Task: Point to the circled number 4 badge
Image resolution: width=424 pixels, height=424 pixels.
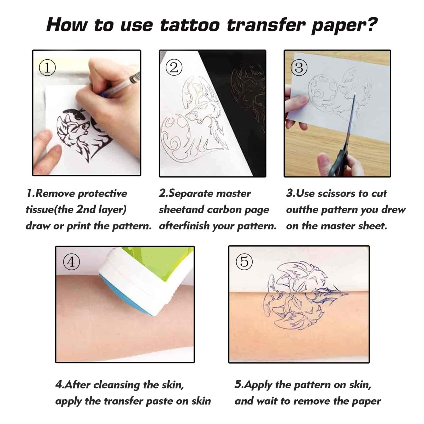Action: pyautogui.click(x=71, y=262)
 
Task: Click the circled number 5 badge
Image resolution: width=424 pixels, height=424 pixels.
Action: pyautogui.click(x=244, y=262)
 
